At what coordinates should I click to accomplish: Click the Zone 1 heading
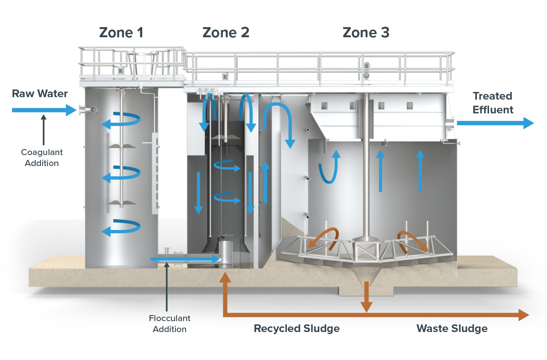pyautogui.click(x=121, y=32)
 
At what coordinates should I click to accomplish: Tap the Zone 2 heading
pyautogui.click(x=226, y=32)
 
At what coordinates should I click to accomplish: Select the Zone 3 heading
pyautogui.click(x=366, y=32)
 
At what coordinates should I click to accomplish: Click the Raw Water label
pyautogui.click(x=40, y=94)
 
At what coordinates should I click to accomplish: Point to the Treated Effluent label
pyautogui.click(x=493, y=103)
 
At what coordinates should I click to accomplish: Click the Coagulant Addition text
pyautogui.click(x=42, y=158)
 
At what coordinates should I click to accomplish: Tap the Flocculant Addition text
pyautogui.click(x=169, y=324)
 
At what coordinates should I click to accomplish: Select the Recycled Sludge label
pyautogui.click(x=297, y=328)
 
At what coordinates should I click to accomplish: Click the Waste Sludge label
pyautogui.click(x=452, y=328)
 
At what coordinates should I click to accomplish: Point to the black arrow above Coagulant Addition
pyautogui.click(x=44, y=129)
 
